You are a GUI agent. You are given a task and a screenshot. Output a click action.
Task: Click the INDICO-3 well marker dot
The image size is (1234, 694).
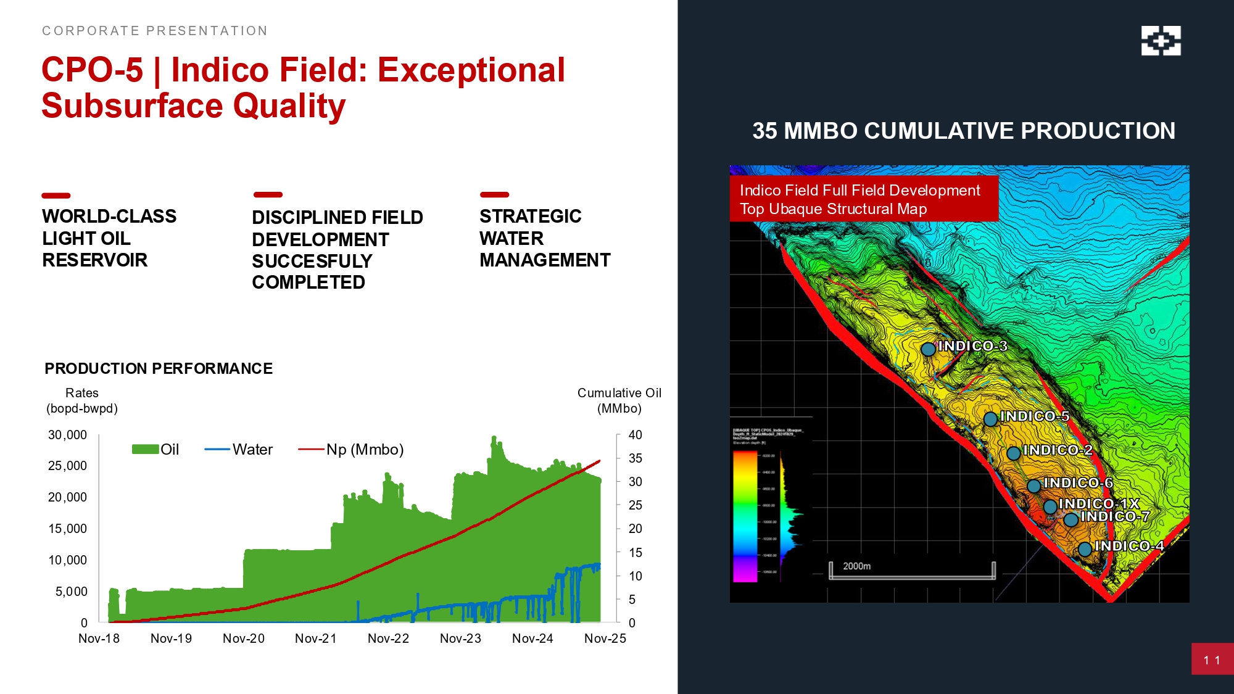tap(928, 349)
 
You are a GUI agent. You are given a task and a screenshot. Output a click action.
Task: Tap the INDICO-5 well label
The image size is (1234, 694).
tap(1035, 416)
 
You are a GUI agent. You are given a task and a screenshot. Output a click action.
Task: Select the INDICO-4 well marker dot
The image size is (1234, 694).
tap(1085, 549)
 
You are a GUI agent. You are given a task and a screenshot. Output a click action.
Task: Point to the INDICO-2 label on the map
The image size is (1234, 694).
tap(1058, 450)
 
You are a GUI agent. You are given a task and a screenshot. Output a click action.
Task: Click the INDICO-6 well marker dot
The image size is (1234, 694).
tap(1034, 486)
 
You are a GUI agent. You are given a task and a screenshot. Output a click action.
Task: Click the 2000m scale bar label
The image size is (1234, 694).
tap(856, 566)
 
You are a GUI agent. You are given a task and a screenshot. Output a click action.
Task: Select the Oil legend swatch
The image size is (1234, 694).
tap(145, 450)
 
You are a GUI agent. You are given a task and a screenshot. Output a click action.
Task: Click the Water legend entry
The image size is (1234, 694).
tap(239, 450)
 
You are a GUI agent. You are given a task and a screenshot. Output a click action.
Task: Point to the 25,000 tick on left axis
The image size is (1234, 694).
tap(67, 466)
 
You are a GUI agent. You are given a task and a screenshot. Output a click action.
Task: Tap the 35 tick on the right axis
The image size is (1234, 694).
tap(635, 458)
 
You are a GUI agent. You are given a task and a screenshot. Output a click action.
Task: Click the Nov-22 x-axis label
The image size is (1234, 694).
tap(388, 638)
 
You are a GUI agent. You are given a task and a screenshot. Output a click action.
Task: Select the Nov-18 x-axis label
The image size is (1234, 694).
tap(99, 638)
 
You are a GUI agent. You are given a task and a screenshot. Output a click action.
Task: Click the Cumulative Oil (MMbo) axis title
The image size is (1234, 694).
tap(619, 400)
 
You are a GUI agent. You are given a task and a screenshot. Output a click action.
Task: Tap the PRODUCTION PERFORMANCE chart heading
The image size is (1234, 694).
tap(159, 369)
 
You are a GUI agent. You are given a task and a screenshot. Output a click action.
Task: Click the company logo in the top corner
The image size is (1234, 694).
tap(1161, 41)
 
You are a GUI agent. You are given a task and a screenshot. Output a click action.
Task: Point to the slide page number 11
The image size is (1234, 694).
tap(1212, 660)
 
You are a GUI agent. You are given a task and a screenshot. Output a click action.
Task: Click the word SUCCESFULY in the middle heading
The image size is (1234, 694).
tap(312, 261)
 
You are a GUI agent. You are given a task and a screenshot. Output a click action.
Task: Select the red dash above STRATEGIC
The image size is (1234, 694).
tap(494, 195)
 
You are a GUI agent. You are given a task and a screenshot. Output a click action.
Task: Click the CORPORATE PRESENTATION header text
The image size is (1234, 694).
tap(154, 31)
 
